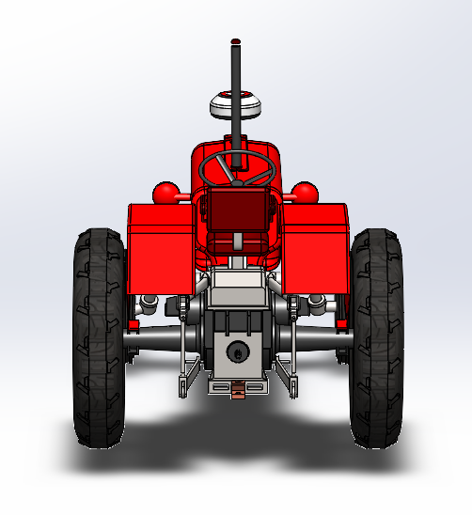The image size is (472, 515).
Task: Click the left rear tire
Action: click(x=99, y=338)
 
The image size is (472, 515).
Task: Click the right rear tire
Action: click(x=376, y=338)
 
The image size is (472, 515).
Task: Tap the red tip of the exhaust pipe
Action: click(x=235, y=41)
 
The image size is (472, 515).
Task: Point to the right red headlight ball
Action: click(x=305, y=192)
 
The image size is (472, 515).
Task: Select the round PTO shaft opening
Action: click(x=237, y=352)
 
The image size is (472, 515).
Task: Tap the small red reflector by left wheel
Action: click(x=133, y=325)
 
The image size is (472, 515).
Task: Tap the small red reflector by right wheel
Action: click(x=342, y=325)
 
